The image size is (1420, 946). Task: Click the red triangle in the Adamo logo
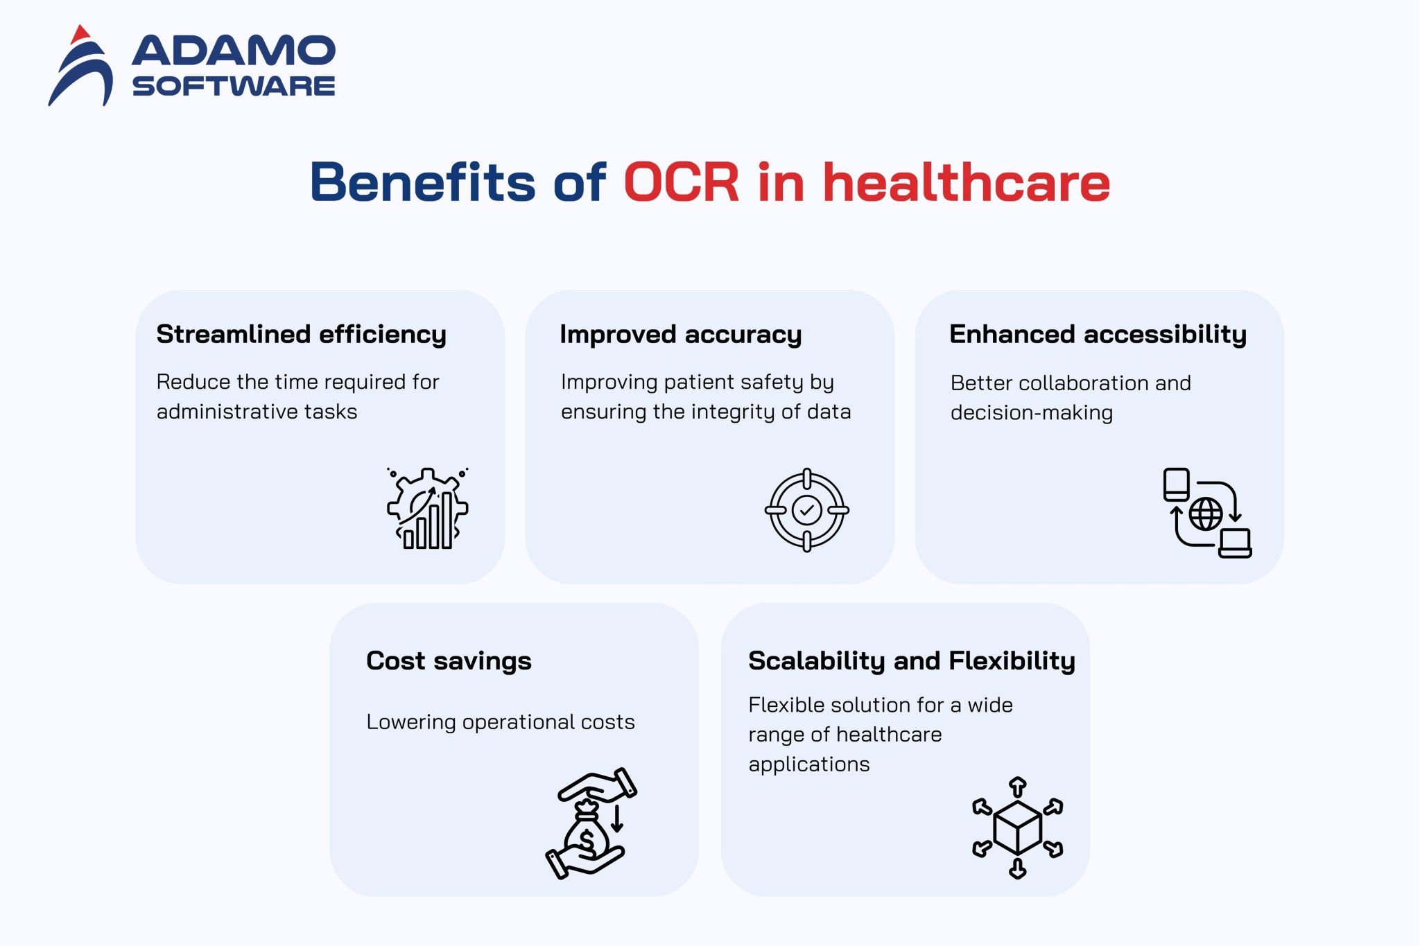coord(80,35)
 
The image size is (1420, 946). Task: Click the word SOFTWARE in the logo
coord(234,86)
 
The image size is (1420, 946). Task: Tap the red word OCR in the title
coord(682,182)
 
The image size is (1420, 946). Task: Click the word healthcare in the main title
coord(967,182)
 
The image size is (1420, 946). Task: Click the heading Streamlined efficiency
coord(302,335)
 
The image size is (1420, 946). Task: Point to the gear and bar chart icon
coord(428,508)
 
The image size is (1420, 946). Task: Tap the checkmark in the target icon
coord(807,511)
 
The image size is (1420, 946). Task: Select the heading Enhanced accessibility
coord(1098,335)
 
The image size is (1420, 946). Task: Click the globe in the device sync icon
coord(1206,514)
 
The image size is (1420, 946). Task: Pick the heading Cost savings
coord(449,661)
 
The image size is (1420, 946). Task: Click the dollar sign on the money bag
coord(587,841)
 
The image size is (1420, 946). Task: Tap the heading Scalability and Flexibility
coord(912,661)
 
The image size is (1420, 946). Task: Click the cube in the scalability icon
coord(1017,827)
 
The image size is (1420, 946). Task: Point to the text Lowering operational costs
coord(501,722)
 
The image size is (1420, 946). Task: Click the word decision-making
coord(1032,413)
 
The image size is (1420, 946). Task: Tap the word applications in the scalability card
coord(809,765)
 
